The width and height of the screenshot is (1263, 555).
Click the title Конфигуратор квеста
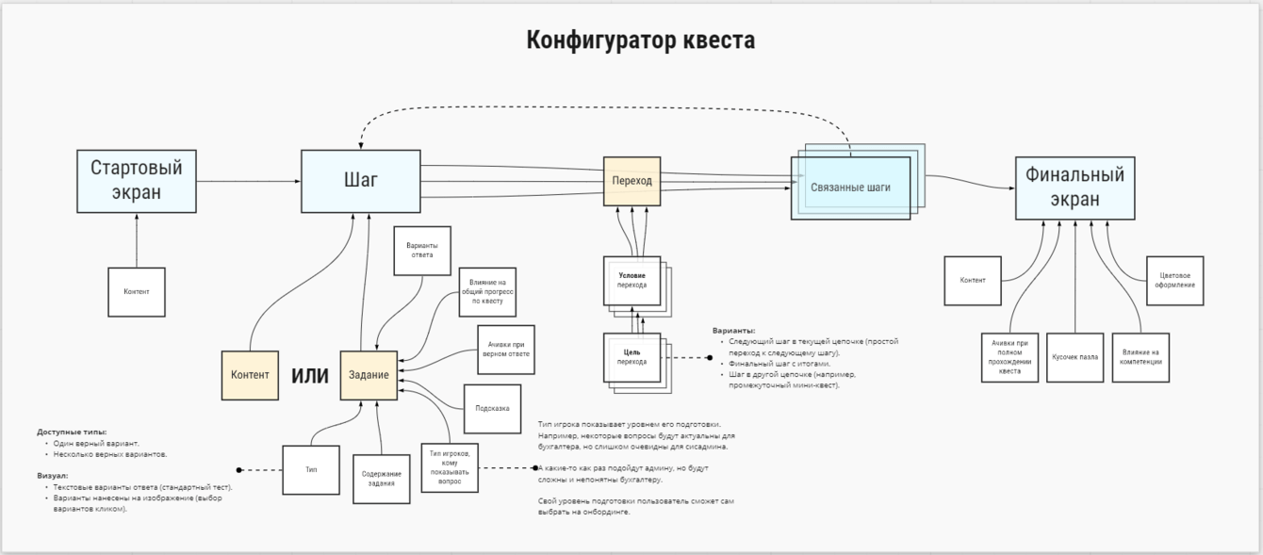click(x=640, y=41)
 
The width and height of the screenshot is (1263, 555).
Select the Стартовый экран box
click(x=137, y=180)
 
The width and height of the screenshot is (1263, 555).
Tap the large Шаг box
click(x=361, y=180)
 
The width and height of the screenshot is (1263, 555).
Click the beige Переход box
click(x=631, y=181)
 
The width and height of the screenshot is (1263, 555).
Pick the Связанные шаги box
click(x=850, y=188)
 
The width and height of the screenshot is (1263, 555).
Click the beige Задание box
click(x=369, y=375)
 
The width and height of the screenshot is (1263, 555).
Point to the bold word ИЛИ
click(x=309, y=376)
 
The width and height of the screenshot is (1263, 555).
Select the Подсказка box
click(x=492, y=409)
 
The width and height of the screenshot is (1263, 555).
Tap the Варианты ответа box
click(x=421, y=250)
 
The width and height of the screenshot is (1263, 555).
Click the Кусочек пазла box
click(x=1074, y=357)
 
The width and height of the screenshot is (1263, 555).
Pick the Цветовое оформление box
click(x=1174, y=280)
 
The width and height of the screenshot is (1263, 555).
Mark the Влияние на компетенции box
click(x=1140, y=357)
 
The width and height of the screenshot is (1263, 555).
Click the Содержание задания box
click(x=383, y=479)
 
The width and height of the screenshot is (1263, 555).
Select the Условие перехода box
click(x=631, y=280)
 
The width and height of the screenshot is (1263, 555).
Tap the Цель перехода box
click(x=631, y=357)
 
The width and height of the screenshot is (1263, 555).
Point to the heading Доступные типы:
click(x=72, y=432)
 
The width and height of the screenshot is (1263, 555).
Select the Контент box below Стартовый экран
click(x=137, y=292)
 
